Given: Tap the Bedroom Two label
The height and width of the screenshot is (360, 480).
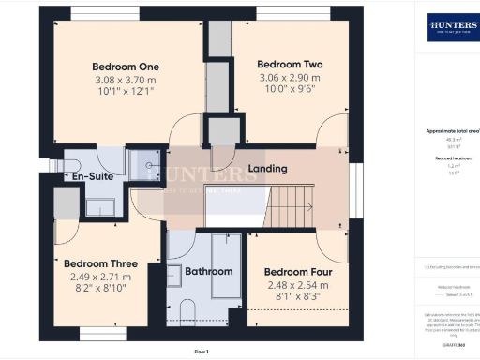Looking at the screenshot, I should coord(290,65).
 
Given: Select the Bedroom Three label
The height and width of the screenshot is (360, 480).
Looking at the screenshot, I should coord(99,264).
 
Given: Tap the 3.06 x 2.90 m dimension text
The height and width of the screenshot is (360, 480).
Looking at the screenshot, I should coord(290,79).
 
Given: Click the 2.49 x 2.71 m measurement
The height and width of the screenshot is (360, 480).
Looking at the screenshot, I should coord(99,277).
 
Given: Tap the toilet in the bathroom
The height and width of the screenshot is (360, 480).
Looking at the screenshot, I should coord(185,312).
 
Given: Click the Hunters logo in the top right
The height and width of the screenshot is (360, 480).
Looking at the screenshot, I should coord(452,26).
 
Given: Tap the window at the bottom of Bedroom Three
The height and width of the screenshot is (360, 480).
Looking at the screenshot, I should coord(97,333).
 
